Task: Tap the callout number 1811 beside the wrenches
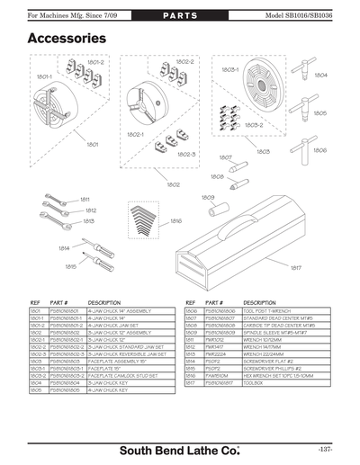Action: click(x=85, y=199)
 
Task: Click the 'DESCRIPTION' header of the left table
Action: click(x=104, y=303)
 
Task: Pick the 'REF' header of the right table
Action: click(x=190, y=303)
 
